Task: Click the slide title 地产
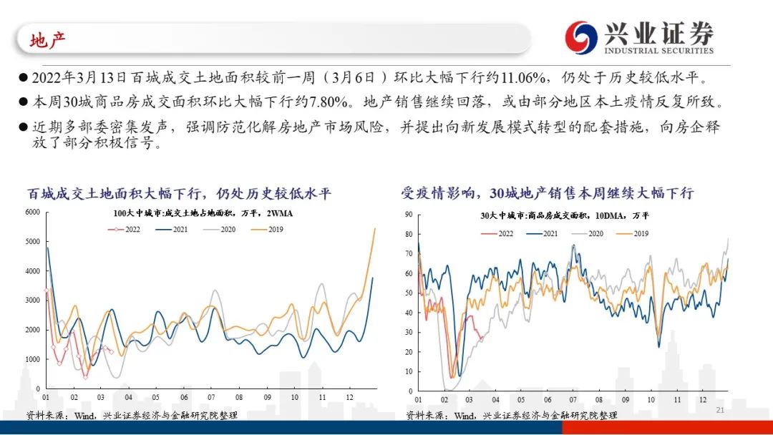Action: [x=48, y=40]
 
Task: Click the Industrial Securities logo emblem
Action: [x=581, y=37]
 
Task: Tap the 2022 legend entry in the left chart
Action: [x=127, y=229]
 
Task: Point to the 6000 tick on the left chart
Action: [x=33, y=212]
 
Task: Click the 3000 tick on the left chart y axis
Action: [x=33, y=300]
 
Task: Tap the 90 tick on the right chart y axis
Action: [x=409, y=214]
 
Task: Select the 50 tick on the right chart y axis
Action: [x=409, y=293]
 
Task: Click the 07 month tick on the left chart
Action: [x=211, y=398]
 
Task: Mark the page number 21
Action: [x=720, y=410]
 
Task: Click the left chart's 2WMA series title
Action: [x=203, y=213]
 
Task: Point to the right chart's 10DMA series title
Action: [x=565, y=215]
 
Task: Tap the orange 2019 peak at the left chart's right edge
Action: [x=375, y=229]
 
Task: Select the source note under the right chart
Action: [x=511, y=415]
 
